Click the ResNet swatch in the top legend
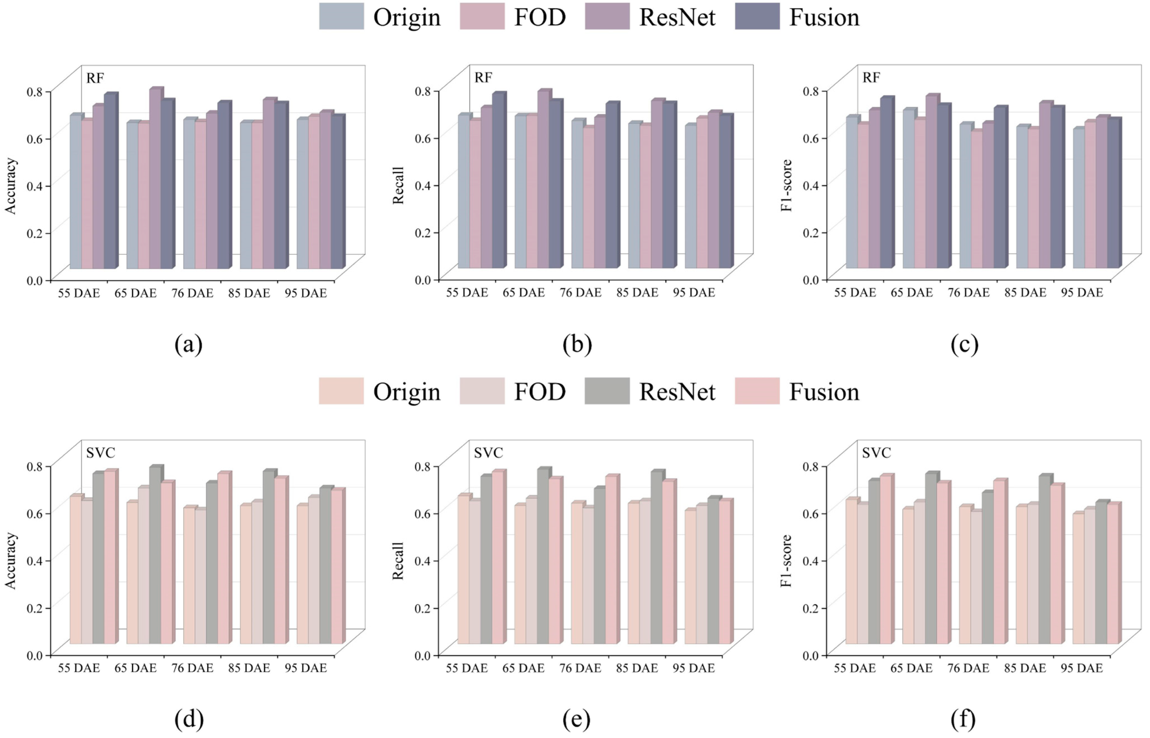[607, 16]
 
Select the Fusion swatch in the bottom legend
[757, 391]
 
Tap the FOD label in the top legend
[540, 17]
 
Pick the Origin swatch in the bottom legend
[341, 391]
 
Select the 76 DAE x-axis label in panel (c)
[968, 292]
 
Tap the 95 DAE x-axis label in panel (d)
[305, 668]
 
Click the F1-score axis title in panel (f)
[786, 561]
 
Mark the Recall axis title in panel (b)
[398, 186]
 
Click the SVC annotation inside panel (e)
[488, 452]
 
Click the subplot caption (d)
[189, 719]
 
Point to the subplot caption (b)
[577, 344]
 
